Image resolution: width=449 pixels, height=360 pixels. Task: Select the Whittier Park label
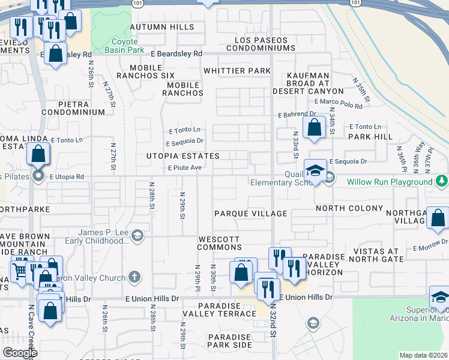tap(237, 71)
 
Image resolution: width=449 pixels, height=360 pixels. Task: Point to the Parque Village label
tap(251, 214)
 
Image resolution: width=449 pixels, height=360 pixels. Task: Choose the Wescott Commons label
tap(220, 243)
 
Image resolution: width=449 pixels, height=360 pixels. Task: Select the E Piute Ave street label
tap(184, 168)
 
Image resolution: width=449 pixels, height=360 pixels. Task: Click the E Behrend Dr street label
tap(297, 114)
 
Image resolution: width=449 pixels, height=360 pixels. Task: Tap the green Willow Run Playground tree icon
tap(442, 181)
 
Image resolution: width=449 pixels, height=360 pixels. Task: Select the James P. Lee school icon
tap(137, 235)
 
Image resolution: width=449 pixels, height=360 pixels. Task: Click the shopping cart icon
tap(20, 271)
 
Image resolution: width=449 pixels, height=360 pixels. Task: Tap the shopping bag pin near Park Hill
tap(315, 127)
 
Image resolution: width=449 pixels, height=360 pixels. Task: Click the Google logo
tap(20, 353)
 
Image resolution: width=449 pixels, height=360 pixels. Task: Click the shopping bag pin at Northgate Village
tap(439, 218)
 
